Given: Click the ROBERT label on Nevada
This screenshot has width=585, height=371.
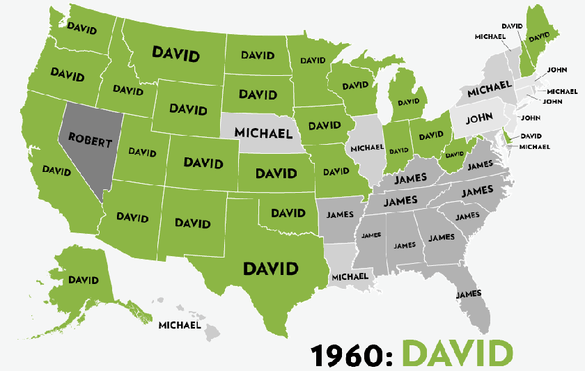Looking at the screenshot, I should (91, 143).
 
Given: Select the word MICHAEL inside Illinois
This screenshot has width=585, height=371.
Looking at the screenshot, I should (367, 148).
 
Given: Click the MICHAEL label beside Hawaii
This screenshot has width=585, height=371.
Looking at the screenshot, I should (180, 324).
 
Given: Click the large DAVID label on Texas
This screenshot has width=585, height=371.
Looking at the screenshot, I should (270, 268).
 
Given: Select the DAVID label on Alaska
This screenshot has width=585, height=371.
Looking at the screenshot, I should (83, 280).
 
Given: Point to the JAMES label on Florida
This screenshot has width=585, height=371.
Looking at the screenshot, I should (469, 294).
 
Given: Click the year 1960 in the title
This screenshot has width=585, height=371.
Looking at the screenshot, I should (351, 354).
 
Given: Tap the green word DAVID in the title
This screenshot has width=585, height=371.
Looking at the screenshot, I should (458, 353).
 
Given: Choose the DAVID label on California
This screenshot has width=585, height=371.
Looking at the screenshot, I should (56, 169).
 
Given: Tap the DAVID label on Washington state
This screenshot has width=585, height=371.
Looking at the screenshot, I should (81, 27).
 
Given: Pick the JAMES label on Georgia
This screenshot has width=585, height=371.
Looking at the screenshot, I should (441, 237).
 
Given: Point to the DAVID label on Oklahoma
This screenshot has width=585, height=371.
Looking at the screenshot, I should (288, 213).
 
